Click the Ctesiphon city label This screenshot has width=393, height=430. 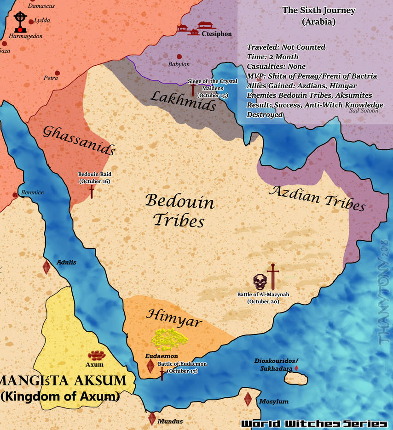(217, 34)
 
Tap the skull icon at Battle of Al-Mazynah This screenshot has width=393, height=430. (260, 281)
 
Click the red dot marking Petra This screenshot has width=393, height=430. (58, 73)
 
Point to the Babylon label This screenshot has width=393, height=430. (179, 64)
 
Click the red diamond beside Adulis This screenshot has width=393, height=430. (46, 267)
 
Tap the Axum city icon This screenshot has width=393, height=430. (97, 355)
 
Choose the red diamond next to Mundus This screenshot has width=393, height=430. (152, 419)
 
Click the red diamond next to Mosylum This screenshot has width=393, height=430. (248, 399)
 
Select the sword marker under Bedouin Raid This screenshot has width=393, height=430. (92, 191)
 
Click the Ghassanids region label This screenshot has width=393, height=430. (79, 140)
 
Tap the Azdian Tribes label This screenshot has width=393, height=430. (317, 198)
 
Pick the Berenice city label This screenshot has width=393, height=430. (32, 192)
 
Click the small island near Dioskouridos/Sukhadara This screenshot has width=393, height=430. (296, 379)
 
